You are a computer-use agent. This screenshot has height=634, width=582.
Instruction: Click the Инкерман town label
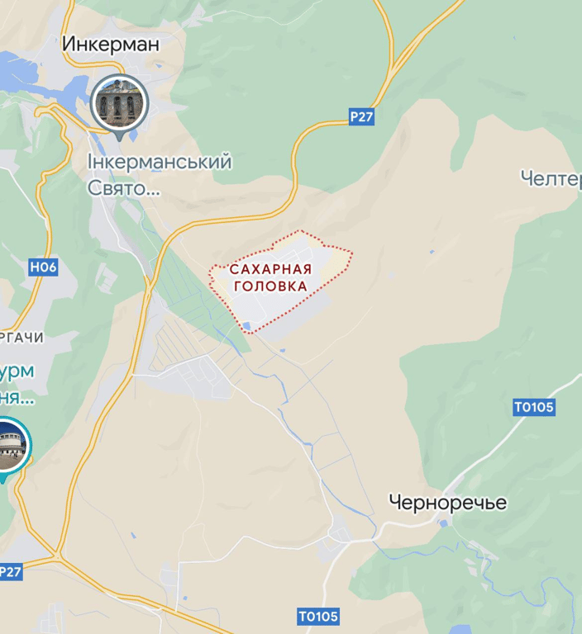click(112, 44)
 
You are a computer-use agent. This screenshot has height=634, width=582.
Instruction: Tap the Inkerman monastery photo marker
click(120, 102)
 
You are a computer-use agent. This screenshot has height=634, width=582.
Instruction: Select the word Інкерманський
click(160, 163)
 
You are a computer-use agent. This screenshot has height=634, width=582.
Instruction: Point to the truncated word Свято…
click(124, 189)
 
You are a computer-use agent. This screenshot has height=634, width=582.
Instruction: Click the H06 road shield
click(43, 267)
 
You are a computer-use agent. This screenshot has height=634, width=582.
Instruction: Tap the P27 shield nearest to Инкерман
click(361, 117)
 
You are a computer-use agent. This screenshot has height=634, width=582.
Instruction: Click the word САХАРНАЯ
click(270, 270)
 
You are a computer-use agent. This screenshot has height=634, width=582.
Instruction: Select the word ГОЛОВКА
click(270, 286)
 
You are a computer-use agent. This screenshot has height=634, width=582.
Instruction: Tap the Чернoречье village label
click(447, 502)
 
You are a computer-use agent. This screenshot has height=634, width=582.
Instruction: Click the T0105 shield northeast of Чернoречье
click(534, 407)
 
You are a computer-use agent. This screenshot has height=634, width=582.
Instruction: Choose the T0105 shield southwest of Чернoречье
click(318, 617)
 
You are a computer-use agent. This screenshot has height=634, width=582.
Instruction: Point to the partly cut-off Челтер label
click(551, 178)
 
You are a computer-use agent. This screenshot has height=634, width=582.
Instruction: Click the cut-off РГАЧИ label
click(22, 338)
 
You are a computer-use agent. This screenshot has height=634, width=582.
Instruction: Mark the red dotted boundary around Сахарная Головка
click(351, 255)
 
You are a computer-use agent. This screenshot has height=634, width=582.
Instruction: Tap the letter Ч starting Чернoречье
click(395, 502)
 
